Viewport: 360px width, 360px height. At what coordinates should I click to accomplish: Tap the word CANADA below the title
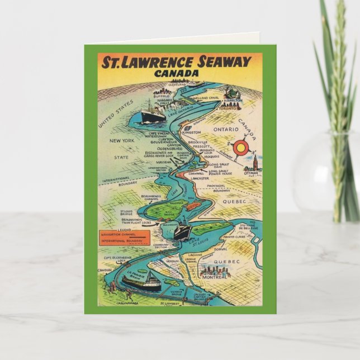pos(180,73)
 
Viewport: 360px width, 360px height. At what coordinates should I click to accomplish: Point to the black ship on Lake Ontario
pos(153,115)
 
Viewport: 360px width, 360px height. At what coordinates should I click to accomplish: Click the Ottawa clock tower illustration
pos(254,163)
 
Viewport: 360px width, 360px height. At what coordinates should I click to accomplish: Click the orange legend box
pos(124,236)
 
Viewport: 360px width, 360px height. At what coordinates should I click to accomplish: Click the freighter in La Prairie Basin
pos(141,283)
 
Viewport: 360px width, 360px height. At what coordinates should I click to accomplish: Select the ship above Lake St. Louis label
pos(182,230)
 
